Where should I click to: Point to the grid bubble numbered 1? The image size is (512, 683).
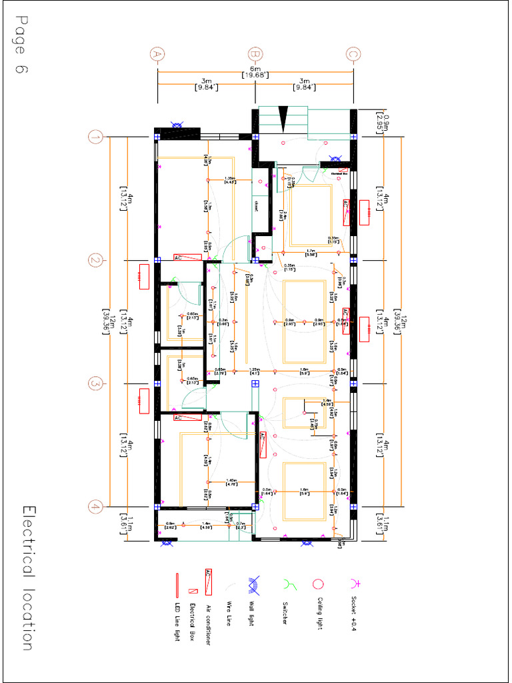click(x=96, y=137)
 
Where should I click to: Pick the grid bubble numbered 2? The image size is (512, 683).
click(x=96, y=261)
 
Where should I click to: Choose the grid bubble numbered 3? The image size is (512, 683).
click(x=96, y=384)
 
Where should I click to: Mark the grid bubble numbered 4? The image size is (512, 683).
click(x=96, y=507)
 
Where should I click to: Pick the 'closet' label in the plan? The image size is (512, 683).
click(x=255, y=205)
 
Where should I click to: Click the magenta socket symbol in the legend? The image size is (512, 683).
click(x=354, y=582)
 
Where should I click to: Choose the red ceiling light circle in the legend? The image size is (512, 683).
click(x=319, y=584)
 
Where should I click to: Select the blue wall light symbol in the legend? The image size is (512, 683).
click(x=254, y=585)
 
